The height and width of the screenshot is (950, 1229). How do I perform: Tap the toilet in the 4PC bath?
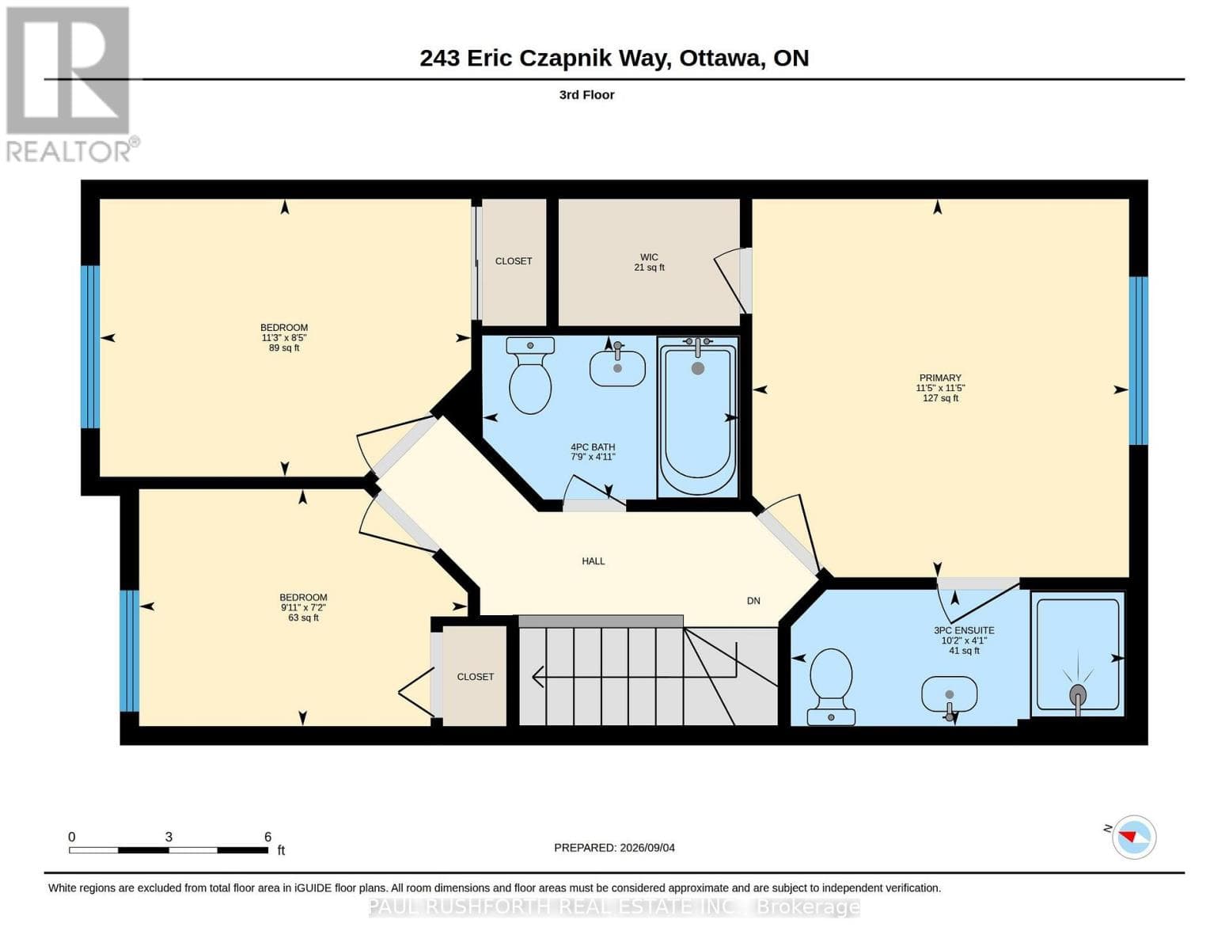pos(530,375)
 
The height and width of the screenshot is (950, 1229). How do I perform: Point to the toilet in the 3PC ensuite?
pos(831,686)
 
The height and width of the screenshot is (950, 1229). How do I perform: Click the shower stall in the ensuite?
pos(1077,653)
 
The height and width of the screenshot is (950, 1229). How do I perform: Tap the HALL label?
pos(594,560)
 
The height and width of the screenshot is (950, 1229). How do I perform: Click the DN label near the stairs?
pos(753,600)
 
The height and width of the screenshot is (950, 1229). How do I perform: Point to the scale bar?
pos(169,849)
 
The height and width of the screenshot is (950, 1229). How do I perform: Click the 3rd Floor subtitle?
pos(586,95)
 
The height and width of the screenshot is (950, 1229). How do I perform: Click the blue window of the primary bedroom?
pos(1139,360)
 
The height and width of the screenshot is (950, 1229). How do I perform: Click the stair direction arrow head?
pos(538,676)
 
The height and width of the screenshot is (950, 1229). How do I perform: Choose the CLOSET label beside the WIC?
pos(514,260)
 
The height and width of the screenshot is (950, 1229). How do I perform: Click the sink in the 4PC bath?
pos(617,367)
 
